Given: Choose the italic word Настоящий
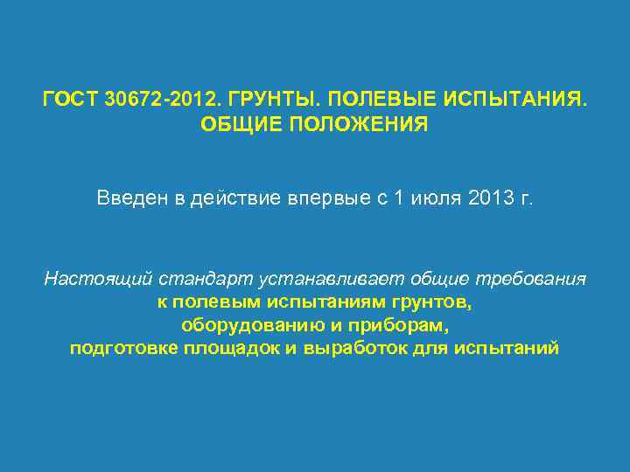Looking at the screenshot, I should (x=99, y=280).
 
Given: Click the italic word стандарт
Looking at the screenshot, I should (x=206, y=280).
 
